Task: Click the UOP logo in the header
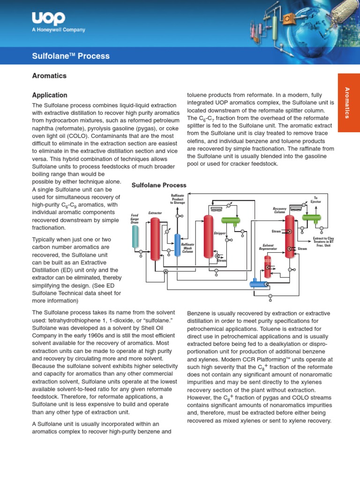[x=48, y=19]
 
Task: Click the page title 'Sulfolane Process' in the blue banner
[x=70, y=56]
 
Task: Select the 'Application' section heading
[x=49, y=95]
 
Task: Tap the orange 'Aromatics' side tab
[x=348, y=102]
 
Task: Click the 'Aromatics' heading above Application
[x=49, y=75]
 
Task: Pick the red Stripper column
[x=209, y=237]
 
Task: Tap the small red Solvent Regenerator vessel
[x=268, y=267]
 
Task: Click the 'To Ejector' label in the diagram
[x=315, y=200]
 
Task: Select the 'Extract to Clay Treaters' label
[x=323, y=241]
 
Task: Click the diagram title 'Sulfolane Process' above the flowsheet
[x=158, y=185]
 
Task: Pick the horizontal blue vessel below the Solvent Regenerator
[x=257, y=283]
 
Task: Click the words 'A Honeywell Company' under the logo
[x=59, y=30]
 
